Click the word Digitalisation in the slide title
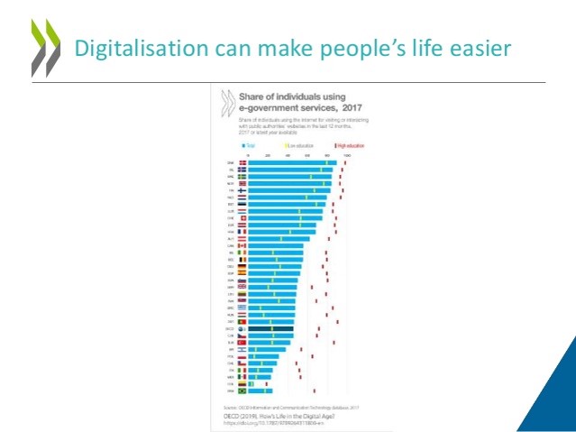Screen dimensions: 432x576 click(x=120, y=48)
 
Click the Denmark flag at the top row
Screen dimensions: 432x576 click(x=242, y=163)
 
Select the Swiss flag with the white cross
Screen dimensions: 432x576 click(x=242, y=218)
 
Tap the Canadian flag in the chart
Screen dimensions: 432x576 click(x=242, y=245)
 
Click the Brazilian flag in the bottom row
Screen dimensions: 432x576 click(x=242, y=391)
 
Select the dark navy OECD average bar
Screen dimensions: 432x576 click(x=270, y=329)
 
